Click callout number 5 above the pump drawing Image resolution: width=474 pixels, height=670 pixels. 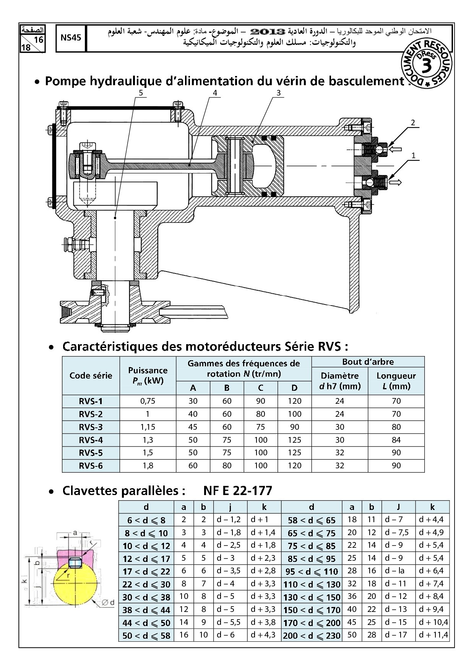[x=141, y=93]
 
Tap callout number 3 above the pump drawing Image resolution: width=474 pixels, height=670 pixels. [x=278, y=93]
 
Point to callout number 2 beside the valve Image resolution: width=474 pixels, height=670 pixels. [x=413, y=123]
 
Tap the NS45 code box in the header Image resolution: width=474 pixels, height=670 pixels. [x=71, y=38]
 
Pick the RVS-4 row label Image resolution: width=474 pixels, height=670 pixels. [x=91, y=440]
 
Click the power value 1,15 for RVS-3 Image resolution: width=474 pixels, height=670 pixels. [x=148, y=427]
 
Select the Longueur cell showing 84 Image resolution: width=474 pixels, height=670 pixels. [x=396, y=440]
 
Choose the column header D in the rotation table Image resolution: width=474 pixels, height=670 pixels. [x=294, y=388]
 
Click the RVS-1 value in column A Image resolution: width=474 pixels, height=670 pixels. [x=193, y=401]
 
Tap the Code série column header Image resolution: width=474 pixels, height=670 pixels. [x=91, y=375]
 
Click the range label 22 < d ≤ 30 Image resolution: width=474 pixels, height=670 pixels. [x=146, y=584]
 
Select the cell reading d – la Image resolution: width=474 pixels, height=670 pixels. [x=394, y=571]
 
